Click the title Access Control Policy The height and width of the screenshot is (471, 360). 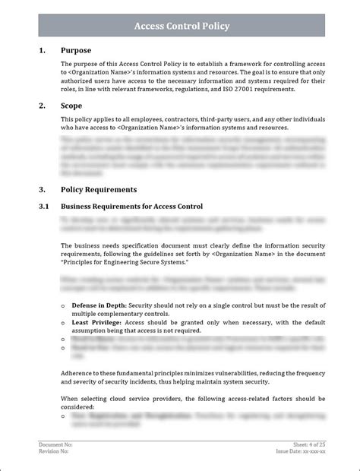(182, 26)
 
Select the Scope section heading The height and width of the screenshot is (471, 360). (74, 106)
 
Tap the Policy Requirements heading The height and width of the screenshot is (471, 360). (99, 189)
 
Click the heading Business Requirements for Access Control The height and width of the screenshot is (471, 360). (131, 206)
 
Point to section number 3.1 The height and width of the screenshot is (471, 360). (43, 206)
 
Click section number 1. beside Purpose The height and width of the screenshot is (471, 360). (41, 50)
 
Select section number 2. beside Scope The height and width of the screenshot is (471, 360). (41, 106)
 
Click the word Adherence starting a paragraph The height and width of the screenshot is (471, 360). (77, 374)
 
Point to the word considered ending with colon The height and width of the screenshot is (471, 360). (80, 406)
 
